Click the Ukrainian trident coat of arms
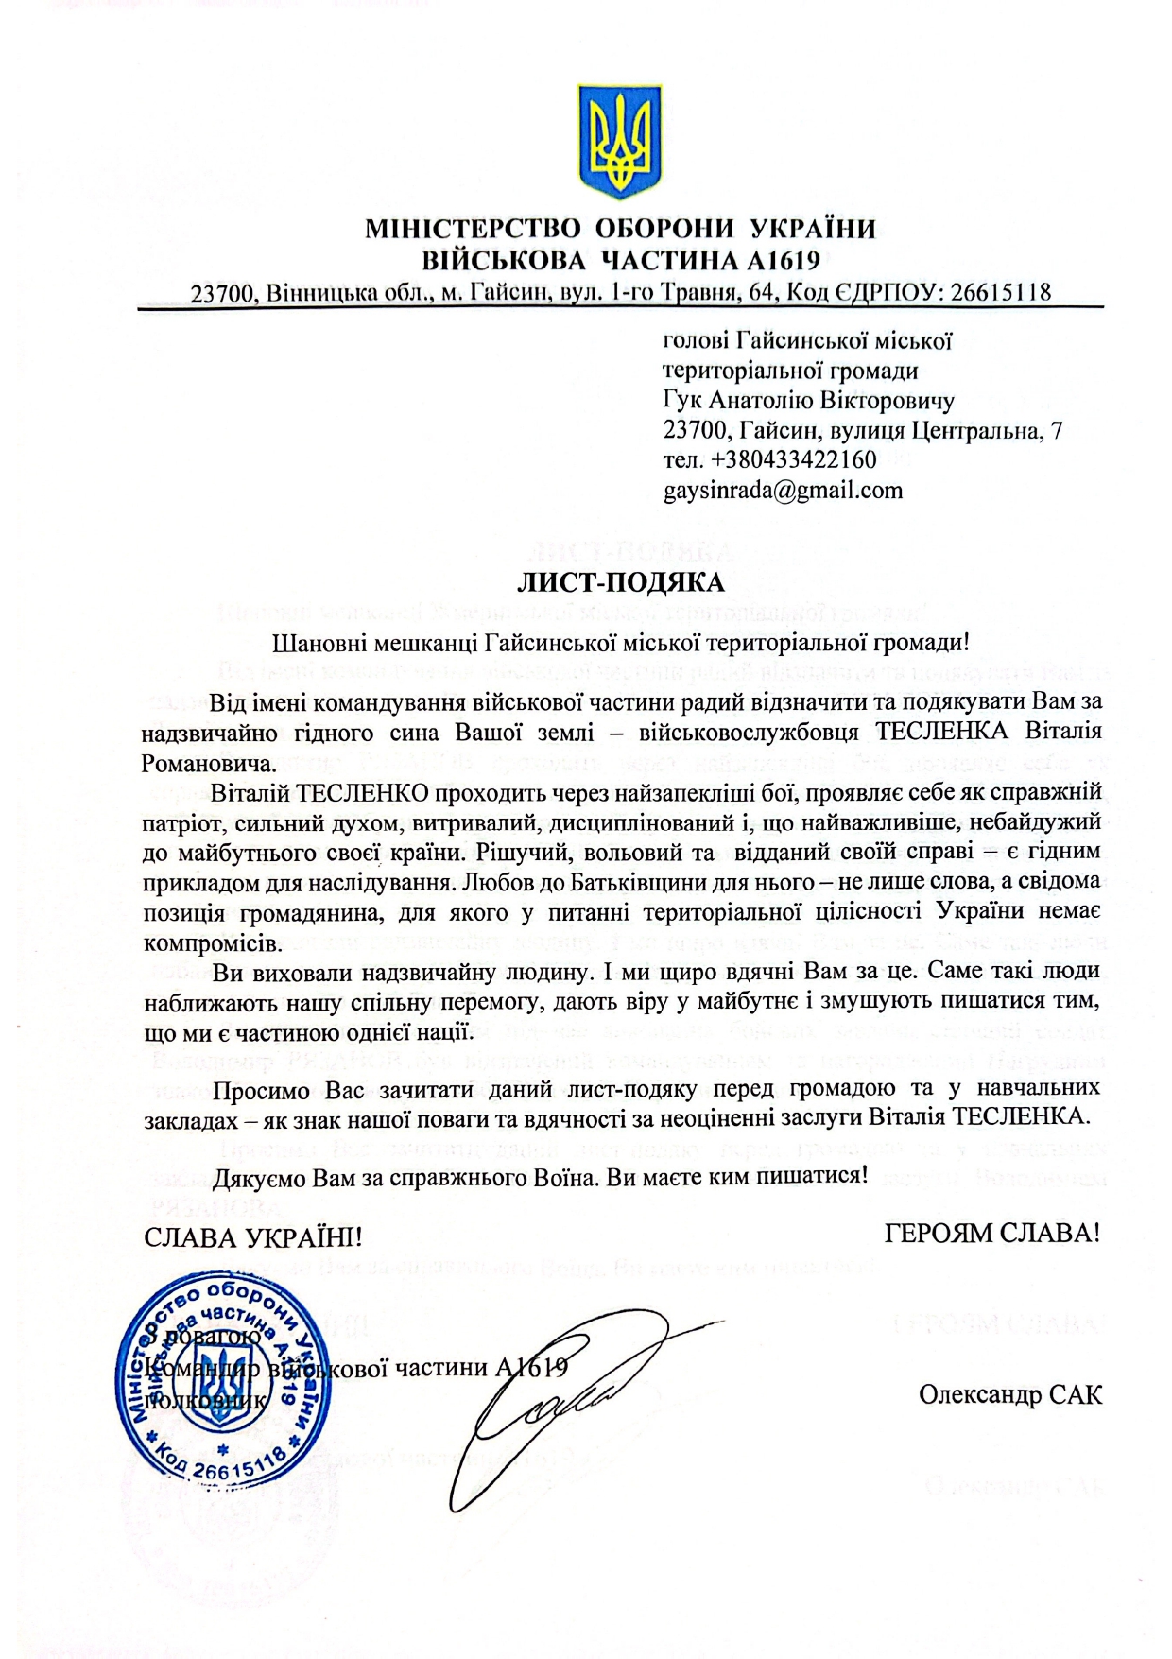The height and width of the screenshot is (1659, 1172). pos(619,141)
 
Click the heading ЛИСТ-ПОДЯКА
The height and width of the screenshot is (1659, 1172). pos(620,580)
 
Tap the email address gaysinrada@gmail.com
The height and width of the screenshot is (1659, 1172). pos(783,491)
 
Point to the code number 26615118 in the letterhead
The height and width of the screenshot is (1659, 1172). pos(1000,293)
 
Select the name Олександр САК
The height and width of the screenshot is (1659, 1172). pos(1009,1394)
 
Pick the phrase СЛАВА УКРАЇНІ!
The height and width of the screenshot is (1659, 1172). pos(253,1236)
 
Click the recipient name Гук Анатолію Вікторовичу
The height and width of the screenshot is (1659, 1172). pos(808,401)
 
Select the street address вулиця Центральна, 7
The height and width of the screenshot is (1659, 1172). pos(946,431)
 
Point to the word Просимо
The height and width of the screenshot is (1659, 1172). pos(262,1090)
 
